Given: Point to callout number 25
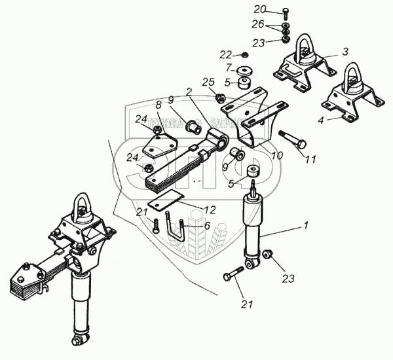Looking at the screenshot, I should (208, 82).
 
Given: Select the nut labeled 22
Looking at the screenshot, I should (244, 54).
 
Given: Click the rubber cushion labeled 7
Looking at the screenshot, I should (245, 69).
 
